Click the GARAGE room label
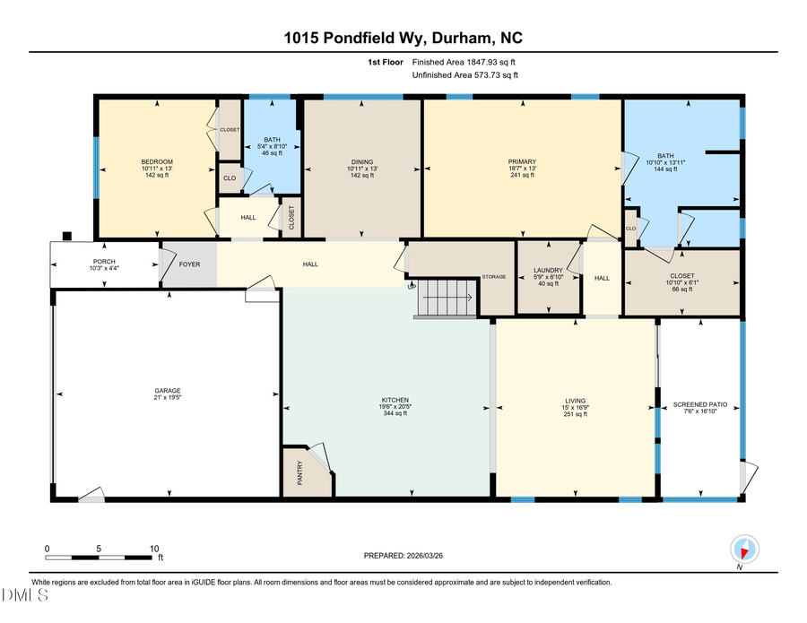167,390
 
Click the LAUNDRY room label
547,270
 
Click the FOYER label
189,264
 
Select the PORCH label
101,262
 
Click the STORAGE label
494,277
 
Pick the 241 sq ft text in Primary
521,176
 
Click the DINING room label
362,161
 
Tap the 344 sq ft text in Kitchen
395,414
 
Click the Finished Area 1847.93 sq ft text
464,62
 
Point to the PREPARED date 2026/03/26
403,556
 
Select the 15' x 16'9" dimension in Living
574,408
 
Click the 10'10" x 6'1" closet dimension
682,283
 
